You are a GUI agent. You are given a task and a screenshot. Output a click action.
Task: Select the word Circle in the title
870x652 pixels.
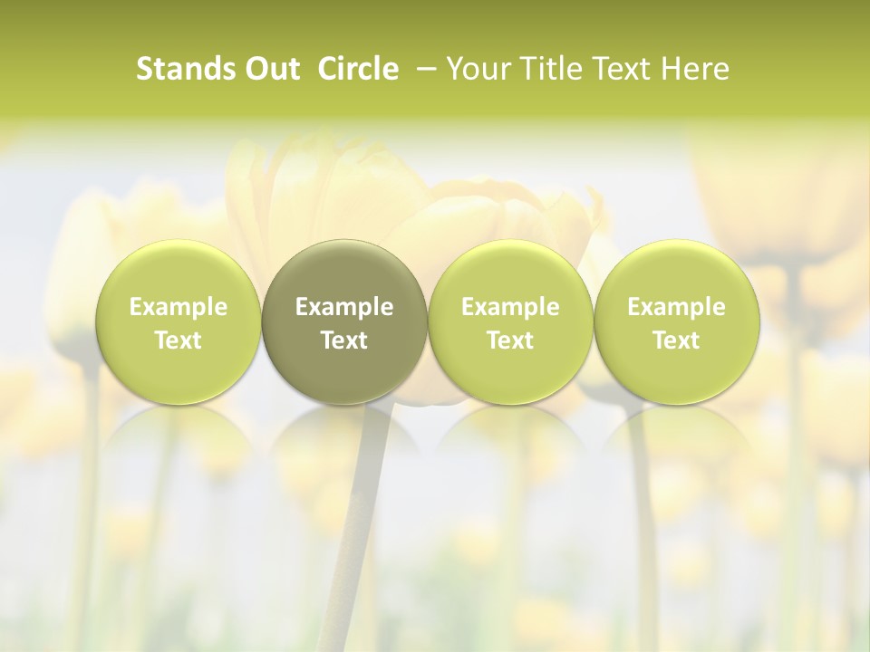tap(358, 69)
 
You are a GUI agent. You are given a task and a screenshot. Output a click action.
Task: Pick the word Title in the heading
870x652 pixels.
tap(548, 69)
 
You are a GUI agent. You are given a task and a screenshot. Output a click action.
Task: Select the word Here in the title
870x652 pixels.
tap(693, 69)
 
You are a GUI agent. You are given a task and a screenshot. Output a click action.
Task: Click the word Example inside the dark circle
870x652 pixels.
tap(344, 307)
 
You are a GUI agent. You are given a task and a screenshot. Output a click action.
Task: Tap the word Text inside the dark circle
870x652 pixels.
tap(344, 340)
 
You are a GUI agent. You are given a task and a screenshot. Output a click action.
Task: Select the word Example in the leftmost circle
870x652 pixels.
tap(179, 307)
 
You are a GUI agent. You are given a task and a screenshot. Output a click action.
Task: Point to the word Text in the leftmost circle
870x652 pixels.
tap(179, 340)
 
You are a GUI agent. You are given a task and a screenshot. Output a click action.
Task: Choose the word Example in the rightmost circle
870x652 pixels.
tap(676, 307)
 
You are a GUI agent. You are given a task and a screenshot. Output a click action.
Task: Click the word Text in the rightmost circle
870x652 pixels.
tap(676, 340)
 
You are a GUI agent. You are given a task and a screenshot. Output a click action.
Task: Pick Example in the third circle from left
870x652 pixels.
tap(510, 307)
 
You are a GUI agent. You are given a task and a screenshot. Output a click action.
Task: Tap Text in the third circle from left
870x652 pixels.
tap(510, 340)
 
